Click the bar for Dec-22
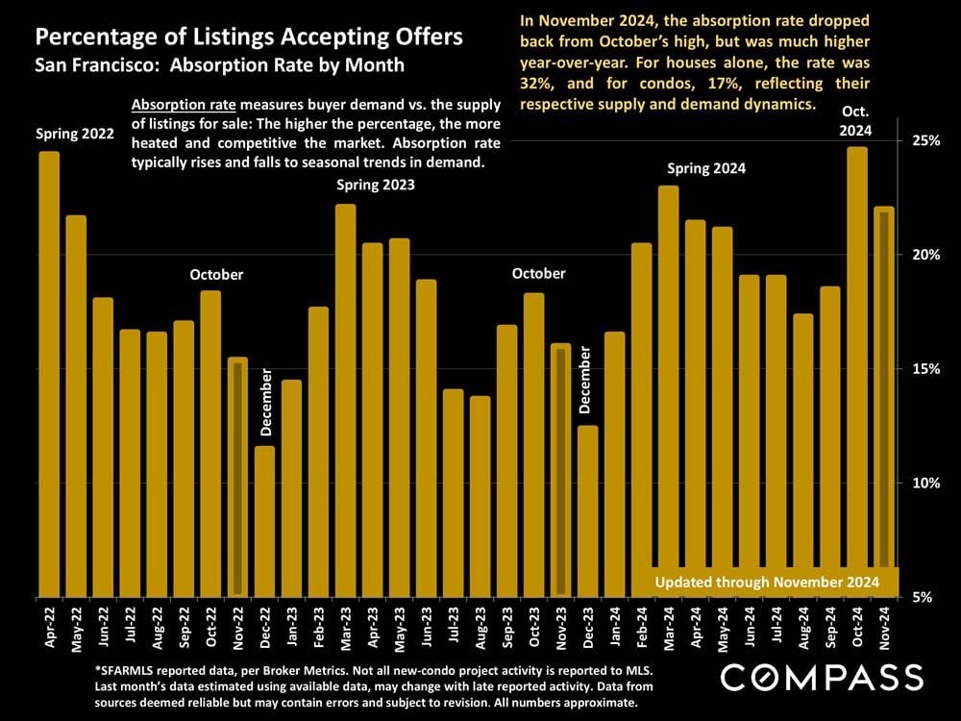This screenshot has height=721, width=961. pyautogui.click(x=264, y=520)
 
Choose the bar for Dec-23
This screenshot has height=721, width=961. pyautogui.click(x=587, y=510)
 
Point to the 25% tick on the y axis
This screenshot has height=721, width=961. pyautogui.click(x=924, y=140)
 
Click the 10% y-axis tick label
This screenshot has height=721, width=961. pyautogui.click(x=924, y=483)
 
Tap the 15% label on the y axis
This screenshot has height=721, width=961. pyautogui.click(x=924, y=369)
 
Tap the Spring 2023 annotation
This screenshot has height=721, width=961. pyautogui.click(x=375, y=185)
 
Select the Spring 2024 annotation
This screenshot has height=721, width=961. pyautogui.click(x=706, y=168)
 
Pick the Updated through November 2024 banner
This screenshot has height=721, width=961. pyautogui.click(x=767, y=583)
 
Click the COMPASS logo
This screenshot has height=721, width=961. pyautogui.click(x=822, y=678)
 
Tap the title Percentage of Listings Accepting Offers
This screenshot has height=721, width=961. pyautogui.click(x=249, y=38)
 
